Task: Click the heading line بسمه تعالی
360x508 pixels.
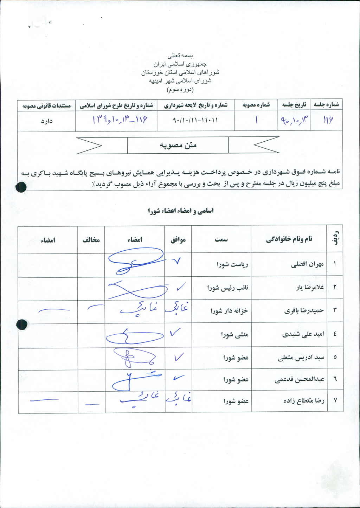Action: [180, 56]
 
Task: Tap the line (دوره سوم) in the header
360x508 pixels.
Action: [180, 90]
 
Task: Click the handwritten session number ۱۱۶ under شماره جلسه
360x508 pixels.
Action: [327, 120]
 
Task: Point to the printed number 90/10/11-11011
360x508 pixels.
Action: [195, 120]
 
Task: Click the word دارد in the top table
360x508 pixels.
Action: [46, 121]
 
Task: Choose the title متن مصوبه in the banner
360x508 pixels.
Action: [178, 145]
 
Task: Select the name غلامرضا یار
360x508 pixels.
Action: [310, 288]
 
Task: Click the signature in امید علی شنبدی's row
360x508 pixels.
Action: [134, 336]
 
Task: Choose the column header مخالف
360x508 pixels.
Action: [91, 240]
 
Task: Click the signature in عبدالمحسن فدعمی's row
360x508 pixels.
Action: [135, 380]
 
